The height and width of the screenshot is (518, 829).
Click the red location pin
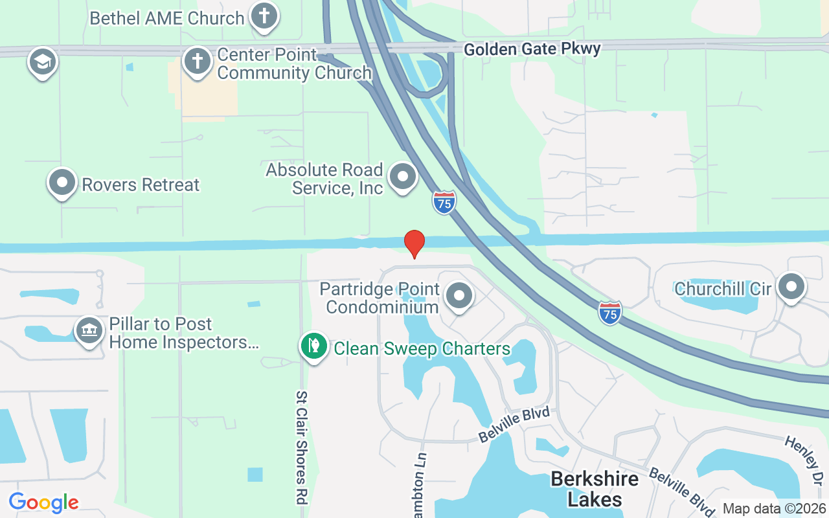pyautogui.click(x=414, y=243)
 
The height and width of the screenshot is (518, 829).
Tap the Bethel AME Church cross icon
pyautogui.click(x=264, y=16)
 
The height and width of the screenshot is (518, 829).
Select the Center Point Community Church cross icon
pyautogui.click(x=198, y=62)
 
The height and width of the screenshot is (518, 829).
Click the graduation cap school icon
pyautogui.click(x=43, y=62)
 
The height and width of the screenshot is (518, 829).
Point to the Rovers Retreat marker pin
pyautogui.click(x=62, y=183)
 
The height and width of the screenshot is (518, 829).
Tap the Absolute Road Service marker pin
pyautogui.click(x=403, y=176)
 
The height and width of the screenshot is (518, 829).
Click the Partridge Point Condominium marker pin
pyautogui.click(x=459, y=296)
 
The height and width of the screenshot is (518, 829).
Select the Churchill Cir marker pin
pyautogui.click(x=791, y=287)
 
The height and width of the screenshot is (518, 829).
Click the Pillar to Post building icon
pyautogui.click(x=89, y=331)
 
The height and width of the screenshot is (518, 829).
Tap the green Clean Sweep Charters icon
pyautogui.click(x=314, y=346)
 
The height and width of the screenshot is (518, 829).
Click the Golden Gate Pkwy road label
pyautogui.click(x=532, y=49)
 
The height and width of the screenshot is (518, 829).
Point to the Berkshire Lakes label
pyautogui.click(x=595, y=489)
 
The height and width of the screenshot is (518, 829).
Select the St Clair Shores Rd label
pyautogui.click(x=301, y=447)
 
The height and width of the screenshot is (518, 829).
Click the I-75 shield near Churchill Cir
pyautogui.click(x=610, y=312)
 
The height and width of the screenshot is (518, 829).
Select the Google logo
pyautogui.click(x=43, y=502)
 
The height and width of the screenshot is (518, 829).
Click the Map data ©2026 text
pyautogui.click(x=774, y=509)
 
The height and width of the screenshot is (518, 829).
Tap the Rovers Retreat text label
pyautogui.click(x=141, y=185)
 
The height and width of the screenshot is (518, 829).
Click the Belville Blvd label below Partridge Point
pyautogui.click(x=514, y=425)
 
